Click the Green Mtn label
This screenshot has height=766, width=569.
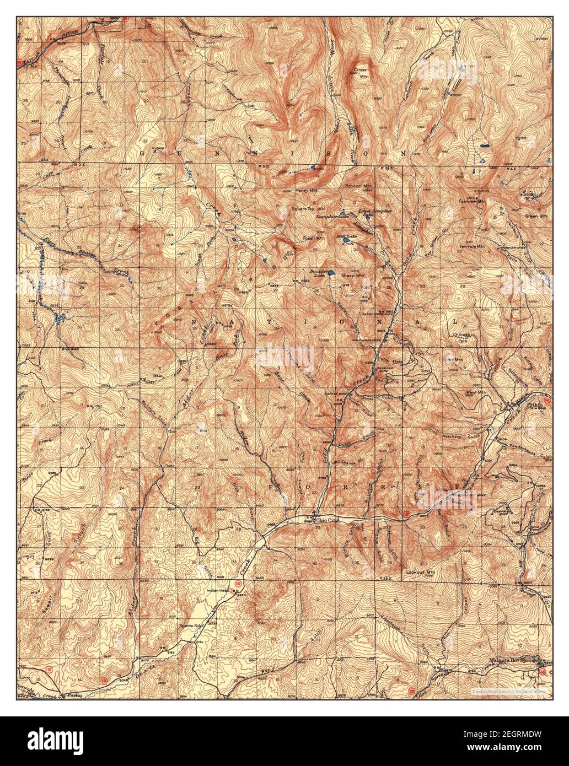click(537, 216)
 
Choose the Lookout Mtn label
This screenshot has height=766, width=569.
click(420, 573)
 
